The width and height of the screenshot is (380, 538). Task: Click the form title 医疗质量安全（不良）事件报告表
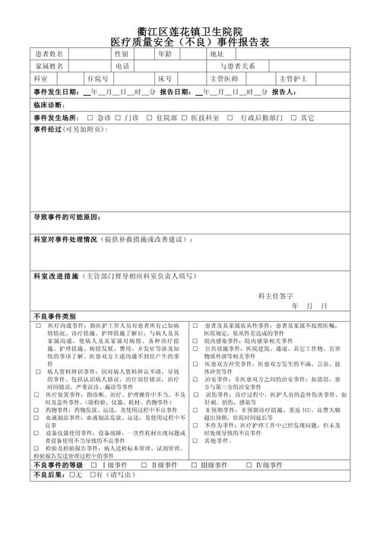[x=190, y=41]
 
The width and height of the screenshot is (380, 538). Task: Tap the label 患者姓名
[x=49, y=54]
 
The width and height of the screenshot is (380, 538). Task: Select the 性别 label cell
[x=122, y=54]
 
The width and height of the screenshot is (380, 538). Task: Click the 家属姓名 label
[x=49, y=66]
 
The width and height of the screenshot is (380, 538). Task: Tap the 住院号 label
[x=98, y=78]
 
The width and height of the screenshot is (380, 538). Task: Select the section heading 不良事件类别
[x=55, y=316]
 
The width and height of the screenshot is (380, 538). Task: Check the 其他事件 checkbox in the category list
[x=197, y=441]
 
